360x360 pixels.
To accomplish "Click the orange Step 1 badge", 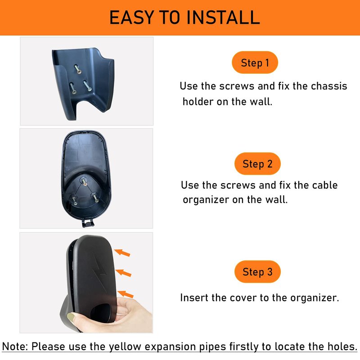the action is click(255, 63).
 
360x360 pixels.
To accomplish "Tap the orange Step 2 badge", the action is click(257, 164).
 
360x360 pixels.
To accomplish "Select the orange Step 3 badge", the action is click(257, 272).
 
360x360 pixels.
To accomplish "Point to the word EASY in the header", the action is click(131, 18).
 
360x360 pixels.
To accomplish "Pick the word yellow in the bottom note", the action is click(125, 346).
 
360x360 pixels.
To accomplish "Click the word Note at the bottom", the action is click(15, 346).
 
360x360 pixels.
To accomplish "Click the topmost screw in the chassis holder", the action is click(78, 69).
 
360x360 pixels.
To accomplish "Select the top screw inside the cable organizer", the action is click(84, 182).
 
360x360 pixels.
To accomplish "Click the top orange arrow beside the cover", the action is click(122, 252).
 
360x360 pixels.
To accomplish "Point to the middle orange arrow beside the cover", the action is click(123, 273).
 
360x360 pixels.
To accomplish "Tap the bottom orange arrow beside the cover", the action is click(126, 294).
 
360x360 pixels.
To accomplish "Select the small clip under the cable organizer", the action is click(87, 223).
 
